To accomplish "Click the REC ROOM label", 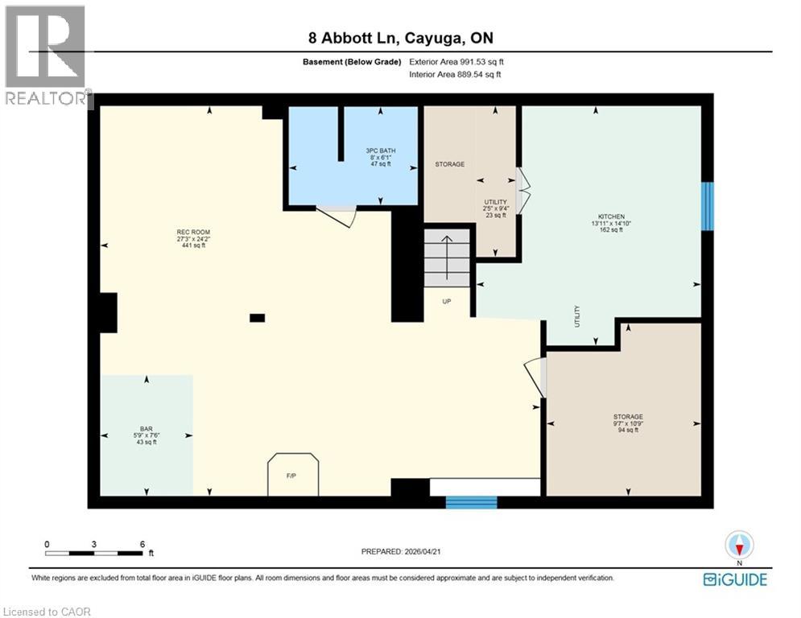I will point(193,239).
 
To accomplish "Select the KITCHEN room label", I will point(611,223).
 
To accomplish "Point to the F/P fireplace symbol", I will point(293,475).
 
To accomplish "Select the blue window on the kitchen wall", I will point(707,206).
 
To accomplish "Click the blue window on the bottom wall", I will point(472,502).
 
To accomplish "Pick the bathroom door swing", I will point(337,215).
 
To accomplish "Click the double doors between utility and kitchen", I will point(522,191).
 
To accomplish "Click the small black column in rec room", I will point(257,318).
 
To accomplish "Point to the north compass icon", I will point(738,545).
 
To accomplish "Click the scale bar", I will point(94,553).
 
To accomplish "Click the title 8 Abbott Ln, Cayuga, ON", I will point(400,38).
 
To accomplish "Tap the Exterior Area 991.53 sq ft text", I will point(456,62).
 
